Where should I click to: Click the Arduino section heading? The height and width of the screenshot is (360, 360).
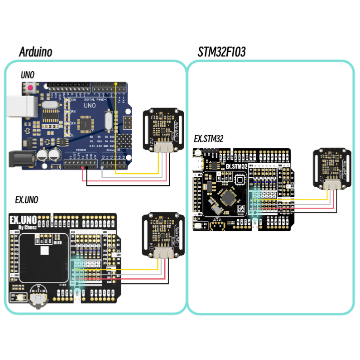point(35,52)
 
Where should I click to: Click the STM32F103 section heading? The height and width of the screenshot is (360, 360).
point(221,52)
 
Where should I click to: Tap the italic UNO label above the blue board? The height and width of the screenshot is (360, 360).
point(28,75)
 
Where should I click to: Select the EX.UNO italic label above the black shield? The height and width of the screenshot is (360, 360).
point(27,199)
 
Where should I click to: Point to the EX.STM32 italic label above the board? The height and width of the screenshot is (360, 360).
point(209,139)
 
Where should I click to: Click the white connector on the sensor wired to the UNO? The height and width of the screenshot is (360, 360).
point(163,147)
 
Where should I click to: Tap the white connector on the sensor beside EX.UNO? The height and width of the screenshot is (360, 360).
point(163,253)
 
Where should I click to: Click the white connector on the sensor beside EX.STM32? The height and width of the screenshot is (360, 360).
point(331,184)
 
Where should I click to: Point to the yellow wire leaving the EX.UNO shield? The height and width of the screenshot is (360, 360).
point(125,269)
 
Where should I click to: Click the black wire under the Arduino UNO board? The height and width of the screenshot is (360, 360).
point(125,185)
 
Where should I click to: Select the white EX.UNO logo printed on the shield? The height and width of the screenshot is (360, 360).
point(27,220)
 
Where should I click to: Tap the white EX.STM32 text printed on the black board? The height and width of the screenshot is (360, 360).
point(237,166)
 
